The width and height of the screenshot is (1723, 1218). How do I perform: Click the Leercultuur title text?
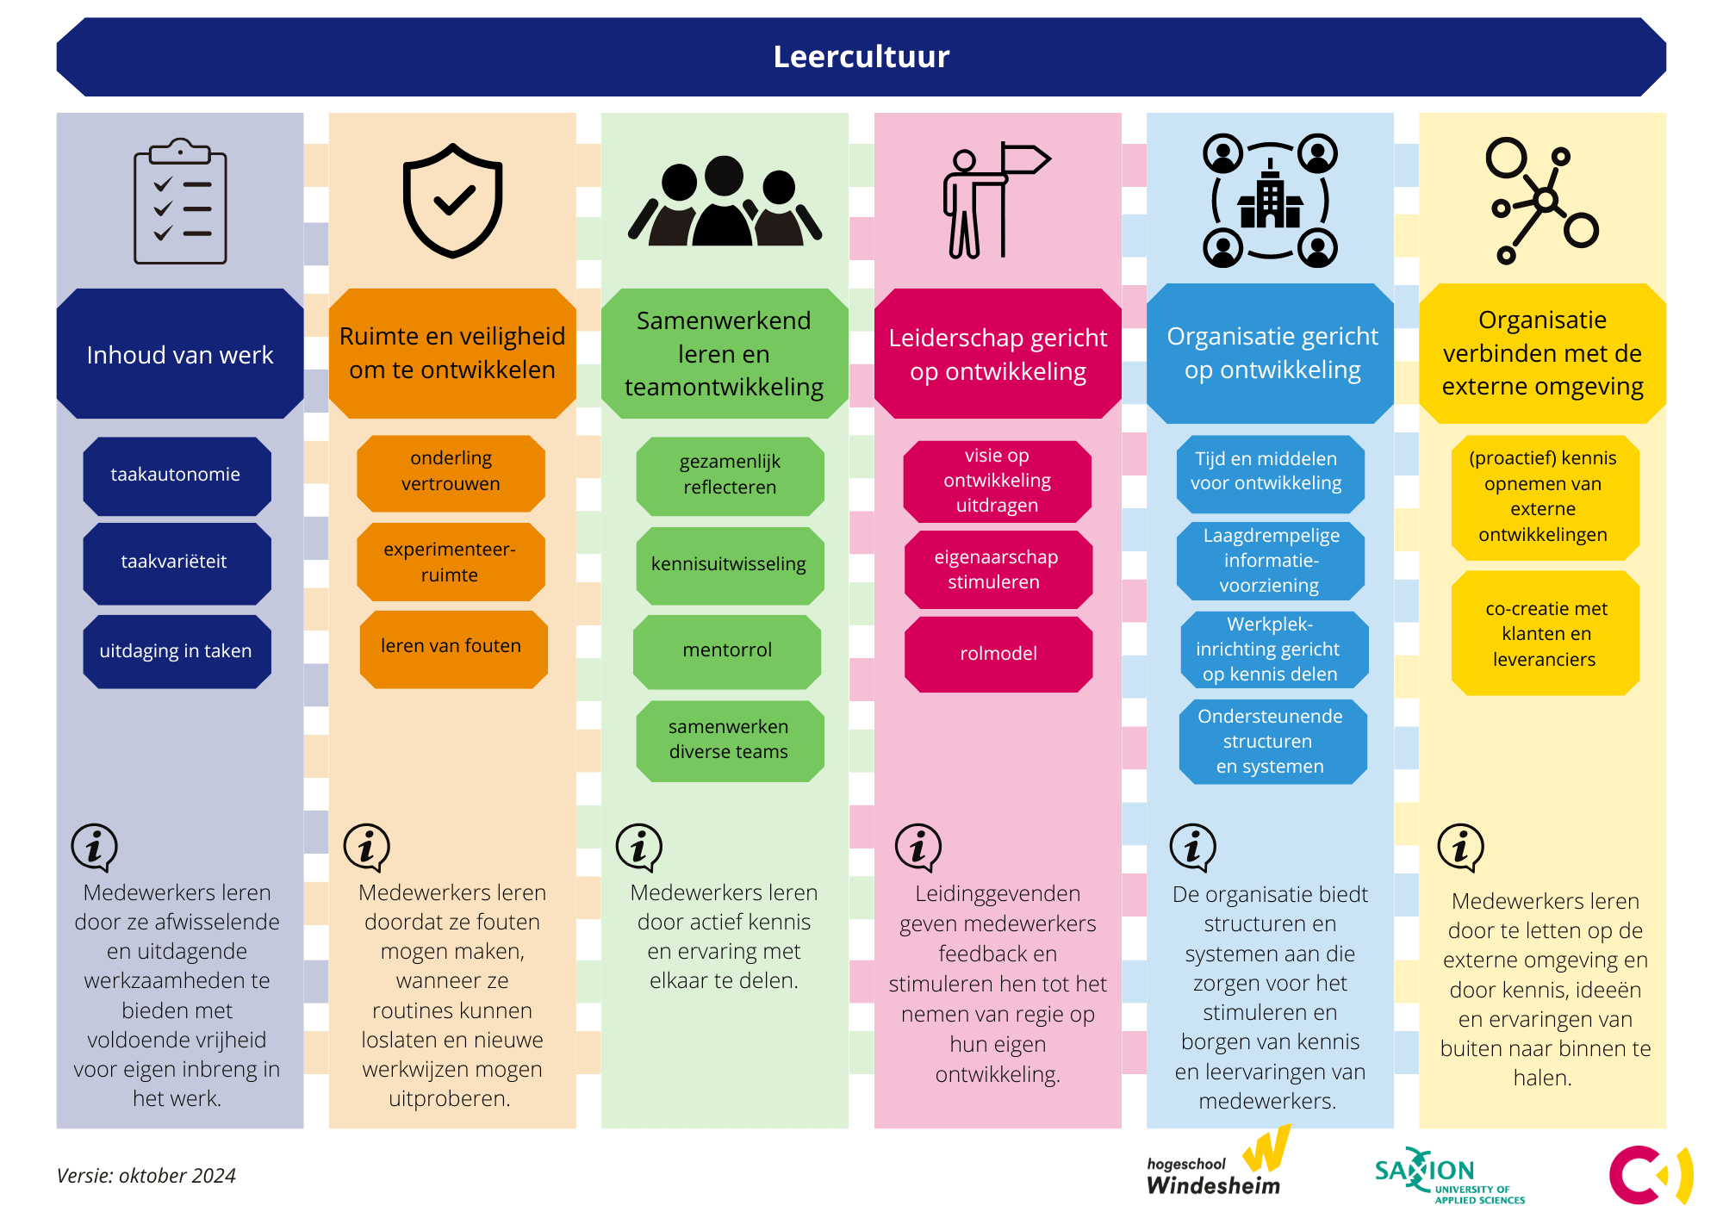pyautogui.click(x=861, y=57)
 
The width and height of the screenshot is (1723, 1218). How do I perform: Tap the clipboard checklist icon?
pyautogui.click(x=180, y=201)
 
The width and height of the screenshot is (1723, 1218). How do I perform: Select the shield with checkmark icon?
pyautogui.click(x=453, y=201)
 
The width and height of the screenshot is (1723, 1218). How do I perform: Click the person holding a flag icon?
pyautogui.click(x=996, y=200)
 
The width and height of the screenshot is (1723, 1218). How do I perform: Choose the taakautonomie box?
pyautogui.click(x=177, y=475)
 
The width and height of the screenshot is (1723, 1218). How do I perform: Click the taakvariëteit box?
pyautogui.click(x=177, y=562)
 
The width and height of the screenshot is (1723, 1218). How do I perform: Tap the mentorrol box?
pyautogui.click(x=727, y=651)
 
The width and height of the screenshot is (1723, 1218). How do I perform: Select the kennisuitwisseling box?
pyautogui.click(x=730, y=565)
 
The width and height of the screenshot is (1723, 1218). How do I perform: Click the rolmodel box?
pyautogui.click(x=998, y=654)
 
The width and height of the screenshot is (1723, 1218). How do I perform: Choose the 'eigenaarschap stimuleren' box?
pyautogui.click(x=998, y=569)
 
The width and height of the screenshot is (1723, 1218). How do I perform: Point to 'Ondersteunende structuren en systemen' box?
pyautogui.click(x=1272, y=742)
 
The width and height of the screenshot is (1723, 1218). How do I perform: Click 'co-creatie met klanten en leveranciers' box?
pyautogui.click(x=1546, y=633)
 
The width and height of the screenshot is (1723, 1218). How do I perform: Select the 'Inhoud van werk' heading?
pyautogui.click(x=180, y=354)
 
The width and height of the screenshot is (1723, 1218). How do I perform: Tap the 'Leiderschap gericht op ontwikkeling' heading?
pyautogui.click(x=998, y=354)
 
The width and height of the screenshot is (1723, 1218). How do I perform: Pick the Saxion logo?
pyautogui.click(x=1449, y=1175)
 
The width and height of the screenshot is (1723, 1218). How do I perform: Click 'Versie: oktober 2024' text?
pyautogui.click(x=146, y=1176)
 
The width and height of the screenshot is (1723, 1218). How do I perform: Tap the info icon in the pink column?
pyautogui.click(x=918, y=848)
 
